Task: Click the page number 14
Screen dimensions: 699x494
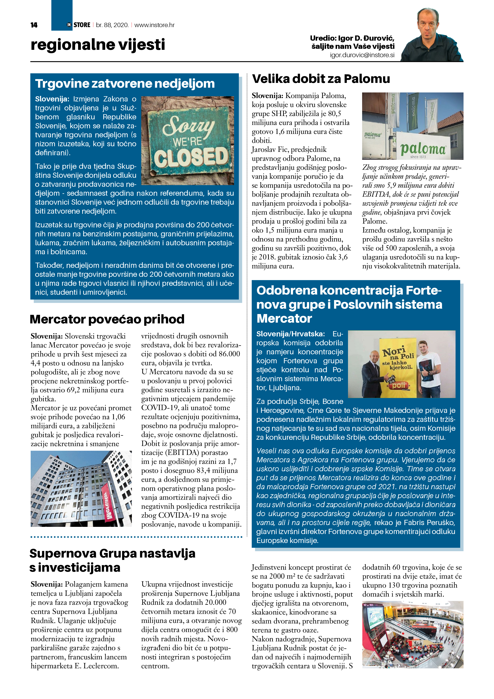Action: [x=34, y=25]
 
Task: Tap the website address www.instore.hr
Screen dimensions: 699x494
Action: [x=154, y=25]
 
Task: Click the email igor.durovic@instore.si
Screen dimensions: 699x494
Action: [x=362, y=55]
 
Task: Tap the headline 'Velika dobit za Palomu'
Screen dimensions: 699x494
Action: [x=321, y=79]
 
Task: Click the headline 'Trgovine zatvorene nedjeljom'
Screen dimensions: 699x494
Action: [x=125, y=84]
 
